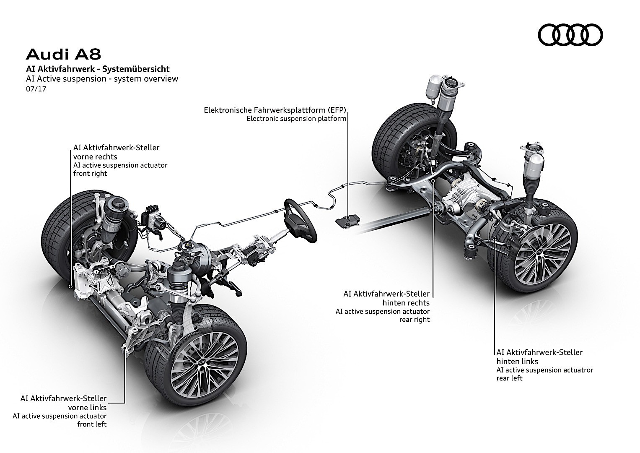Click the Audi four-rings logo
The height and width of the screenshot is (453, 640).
pyautogui.click(x=570, y=35)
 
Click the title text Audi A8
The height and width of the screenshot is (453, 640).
pyautogui.click(x=63, y=54)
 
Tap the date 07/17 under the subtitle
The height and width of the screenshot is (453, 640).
pyautogui.click(x=33, y=89)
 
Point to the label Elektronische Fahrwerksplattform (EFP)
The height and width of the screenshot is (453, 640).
pyautogui.click(x=275, y=110)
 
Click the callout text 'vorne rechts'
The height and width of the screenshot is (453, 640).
pyautogui.click(x=95, y=156)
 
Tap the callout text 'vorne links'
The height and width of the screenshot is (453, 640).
pyautogui.click(x=87, y=407)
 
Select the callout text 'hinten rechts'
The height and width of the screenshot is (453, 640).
pyautogui.click(x=406, y=302)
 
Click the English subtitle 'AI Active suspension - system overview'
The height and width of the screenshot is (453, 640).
pyautogui.click(x=101, y=79)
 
